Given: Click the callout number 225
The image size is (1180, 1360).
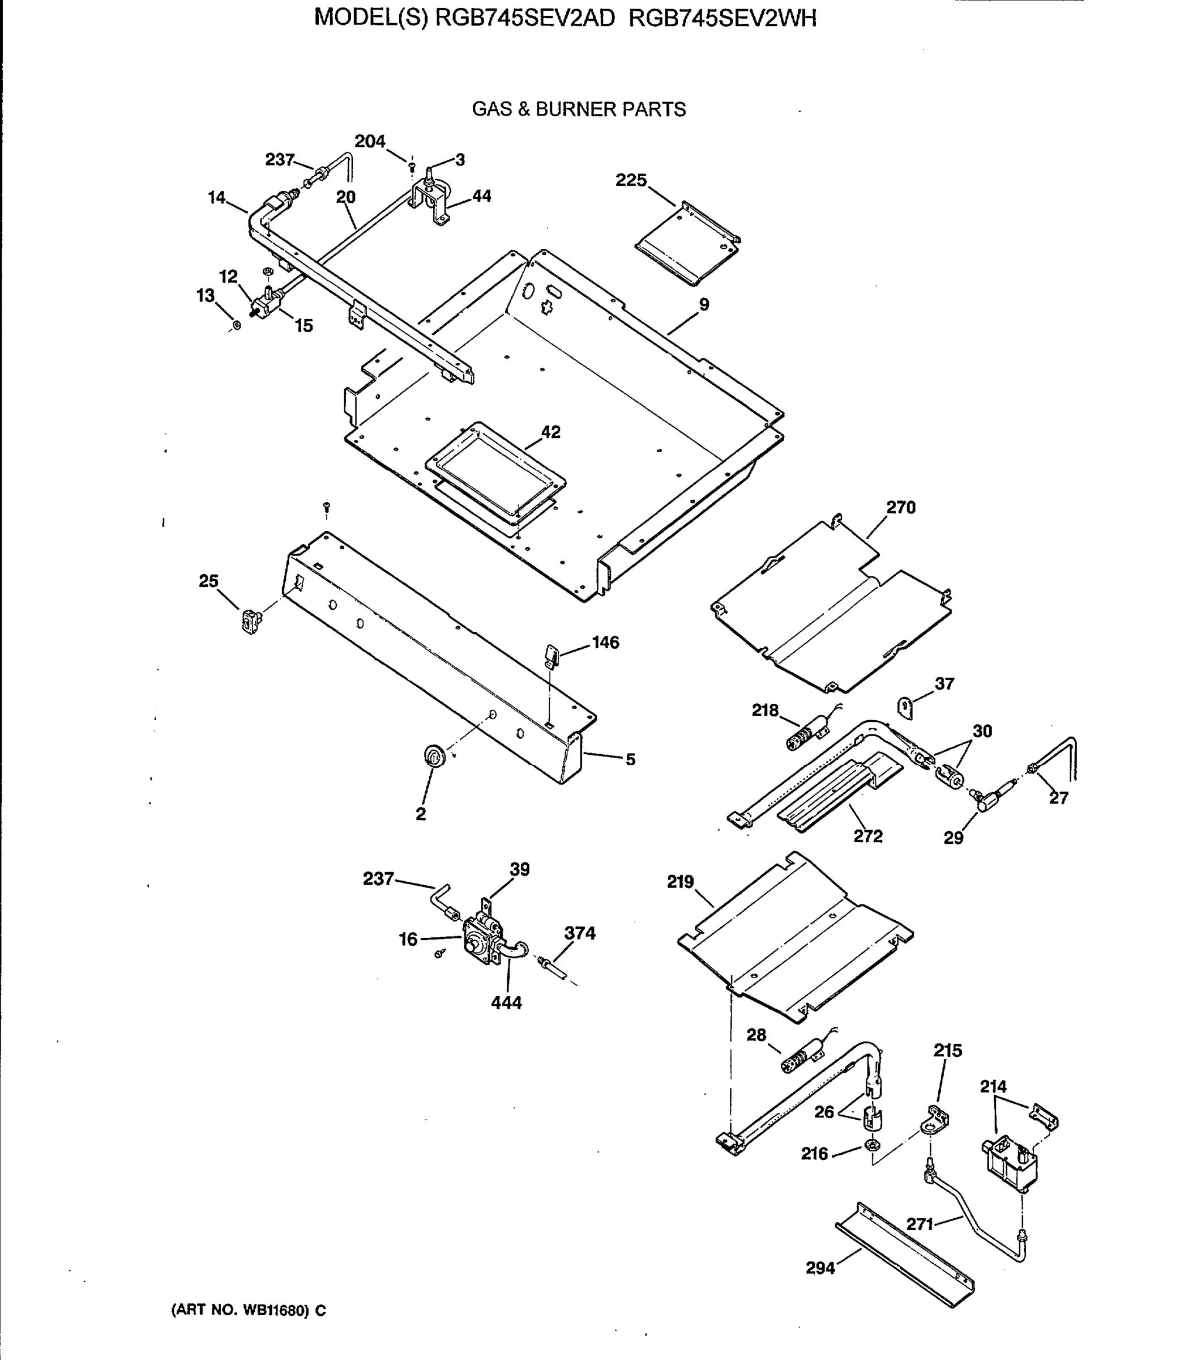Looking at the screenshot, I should pyautogui.click(x=631, y=180).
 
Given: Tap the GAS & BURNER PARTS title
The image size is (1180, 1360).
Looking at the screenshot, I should pyautogui.click(x=578, y=109).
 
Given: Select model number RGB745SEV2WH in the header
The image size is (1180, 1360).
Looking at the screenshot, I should pyautogui.click(x=722, y=19).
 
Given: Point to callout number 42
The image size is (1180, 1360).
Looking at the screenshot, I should pyautogui.click(x=550, y=432).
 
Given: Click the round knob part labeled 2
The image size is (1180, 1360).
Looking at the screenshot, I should pyautogui.click(x=434, y=756).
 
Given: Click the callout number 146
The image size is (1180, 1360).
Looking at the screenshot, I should pyautogui.click(x=605, y=642).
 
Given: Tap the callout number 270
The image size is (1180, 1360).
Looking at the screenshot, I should pyautogui.click(x=900, y=507).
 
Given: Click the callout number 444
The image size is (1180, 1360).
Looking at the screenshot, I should pyautogui.click(x=506, y=1003).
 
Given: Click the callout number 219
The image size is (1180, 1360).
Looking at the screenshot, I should pyautogui.click(x=680, y=882).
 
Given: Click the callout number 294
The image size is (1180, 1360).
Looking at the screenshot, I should pyautogui.click(x=820, y=1268).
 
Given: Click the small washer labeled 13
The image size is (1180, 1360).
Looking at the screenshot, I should pyautogui.click(x=236, y=325).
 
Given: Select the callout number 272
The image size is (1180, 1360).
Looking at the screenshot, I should pyautogui.click(x=867, y=836).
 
